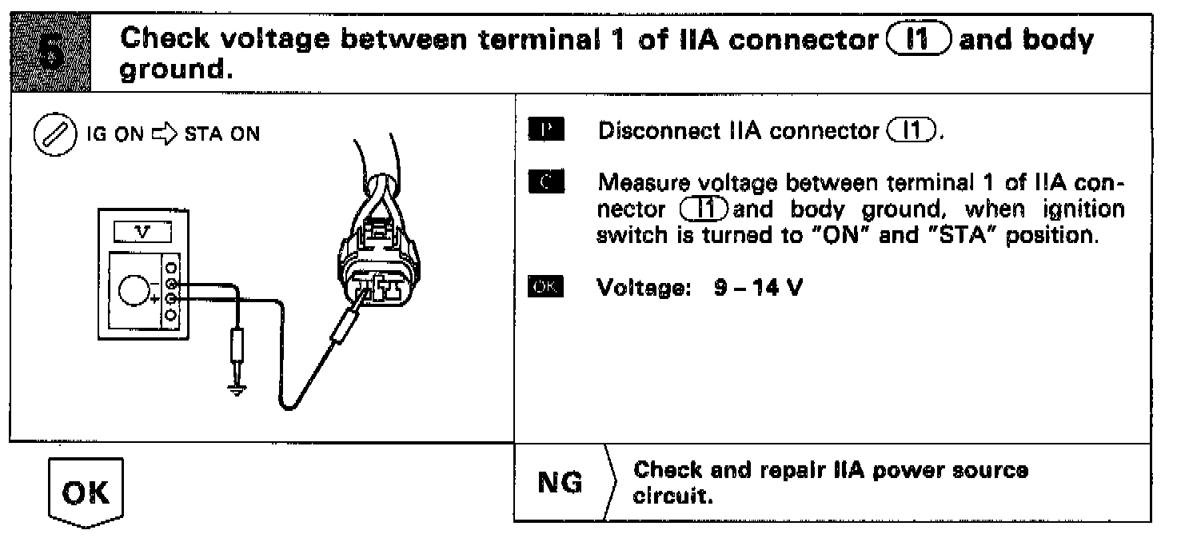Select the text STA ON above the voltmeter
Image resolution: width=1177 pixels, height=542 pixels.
(x=222, y=134)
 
